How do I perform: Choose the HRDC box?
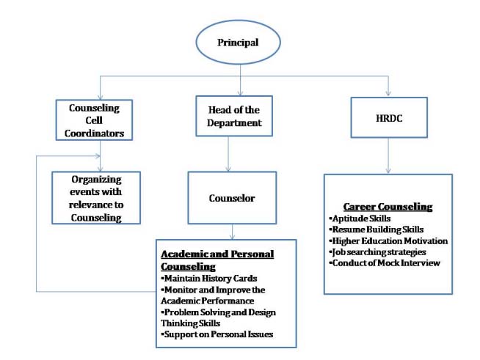388,117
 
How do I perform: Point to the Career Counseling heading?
388,207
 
